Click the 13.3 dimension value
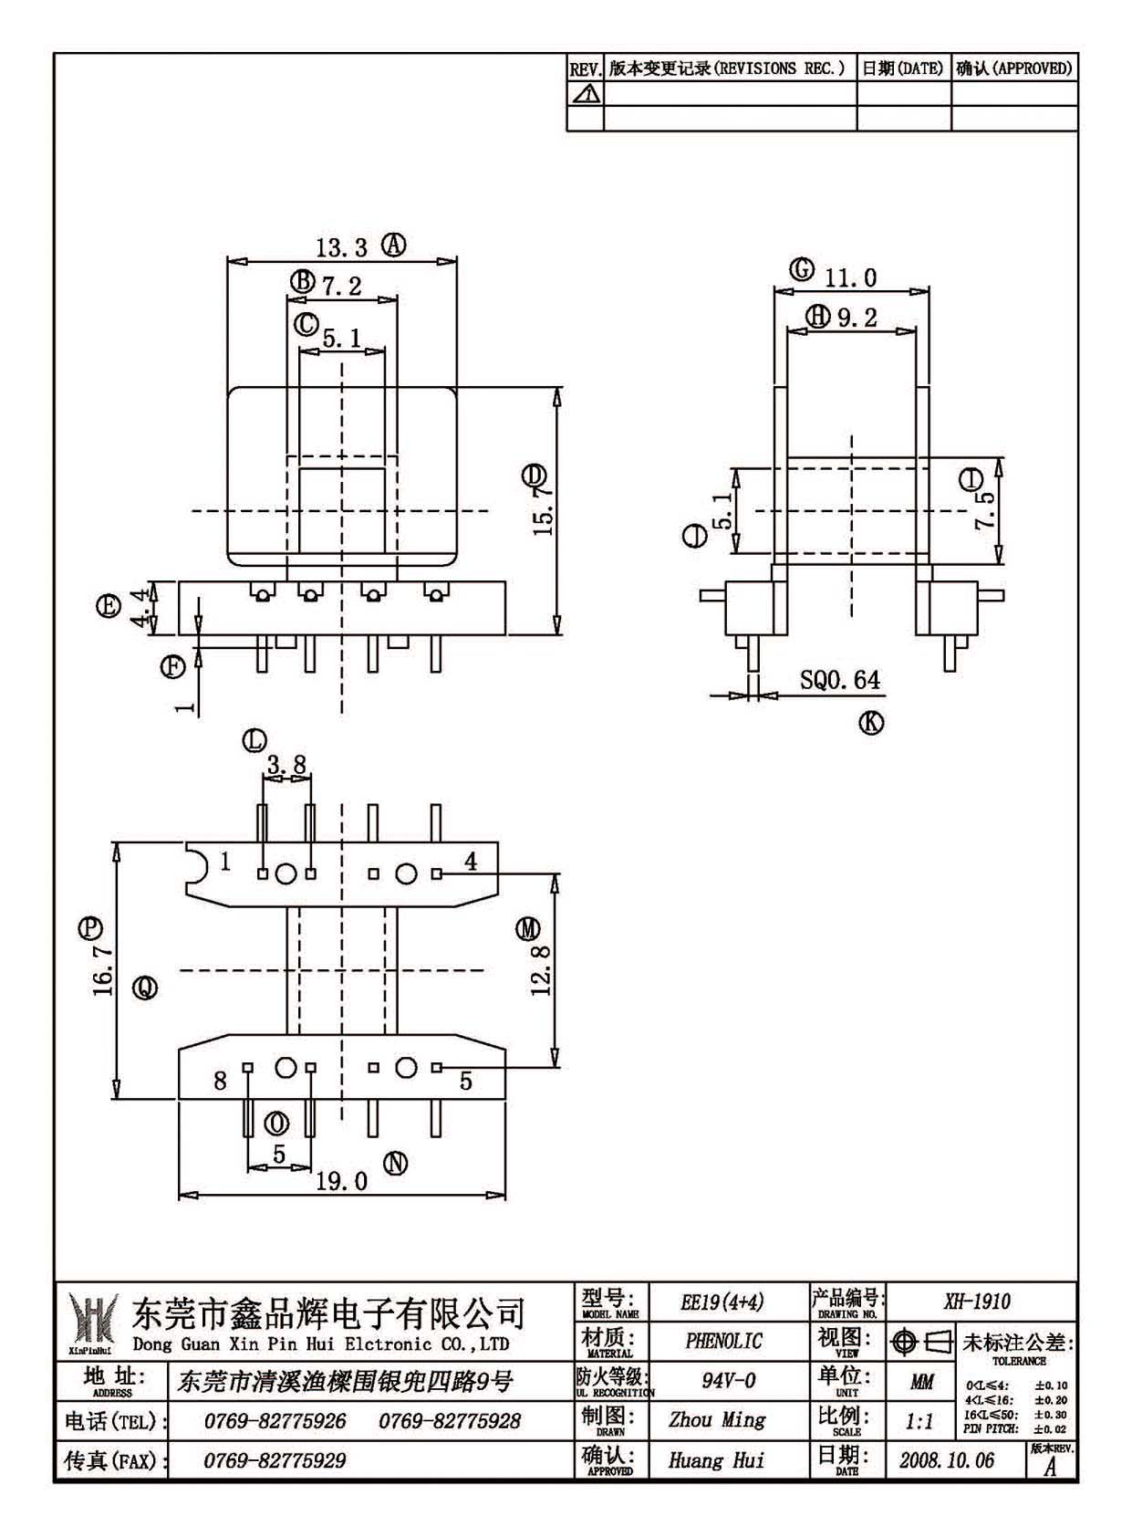click(x=341, y=247)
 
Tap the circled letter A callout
click(x=394, y=245)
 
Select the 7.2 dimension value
click(x=341, y=286)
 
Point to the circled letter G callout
click(x=802, y=269)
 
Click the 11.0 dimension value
click(x=850, y=277)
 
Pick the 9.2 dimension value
click(x=857, y=318)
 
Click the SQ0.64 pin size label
click(x=839, y=680)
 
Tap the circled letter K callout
click(x=872, y=723)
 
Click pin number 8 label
click(x=220, y=1082)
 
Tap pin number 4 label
click(x=471, y=861)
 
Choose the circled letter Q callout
click(x=145, y=988)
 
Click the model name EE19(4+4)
click(x=722, y=1302)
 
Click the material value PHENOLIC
click(x=723, y=1341)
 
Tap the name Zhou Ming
click(x=717, y=1419)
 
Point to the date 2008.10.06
click(x=947, y=1459)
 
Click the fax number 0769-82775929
click(x=275, y=1460)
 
